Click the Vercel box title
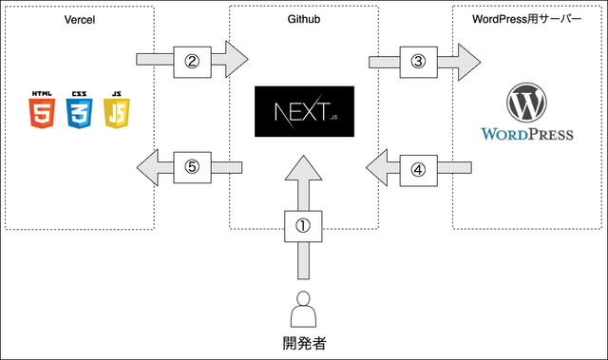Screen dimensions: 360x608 80,19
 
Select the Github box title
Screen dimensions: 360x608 304,19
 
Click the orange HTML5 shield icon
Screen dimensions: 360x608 43,110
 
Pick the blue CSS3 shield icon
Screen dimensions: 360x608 79,110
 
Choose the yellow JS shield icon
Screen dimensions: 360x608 116,110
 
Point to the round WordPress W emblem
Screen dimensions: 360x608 527,102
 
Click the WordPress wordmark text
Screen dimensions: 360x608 527,134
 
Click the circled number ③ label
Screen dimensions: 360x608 417,59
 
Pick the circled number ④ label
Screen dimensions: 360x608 417,170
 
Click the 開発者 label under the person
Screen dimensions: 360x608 304,344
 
